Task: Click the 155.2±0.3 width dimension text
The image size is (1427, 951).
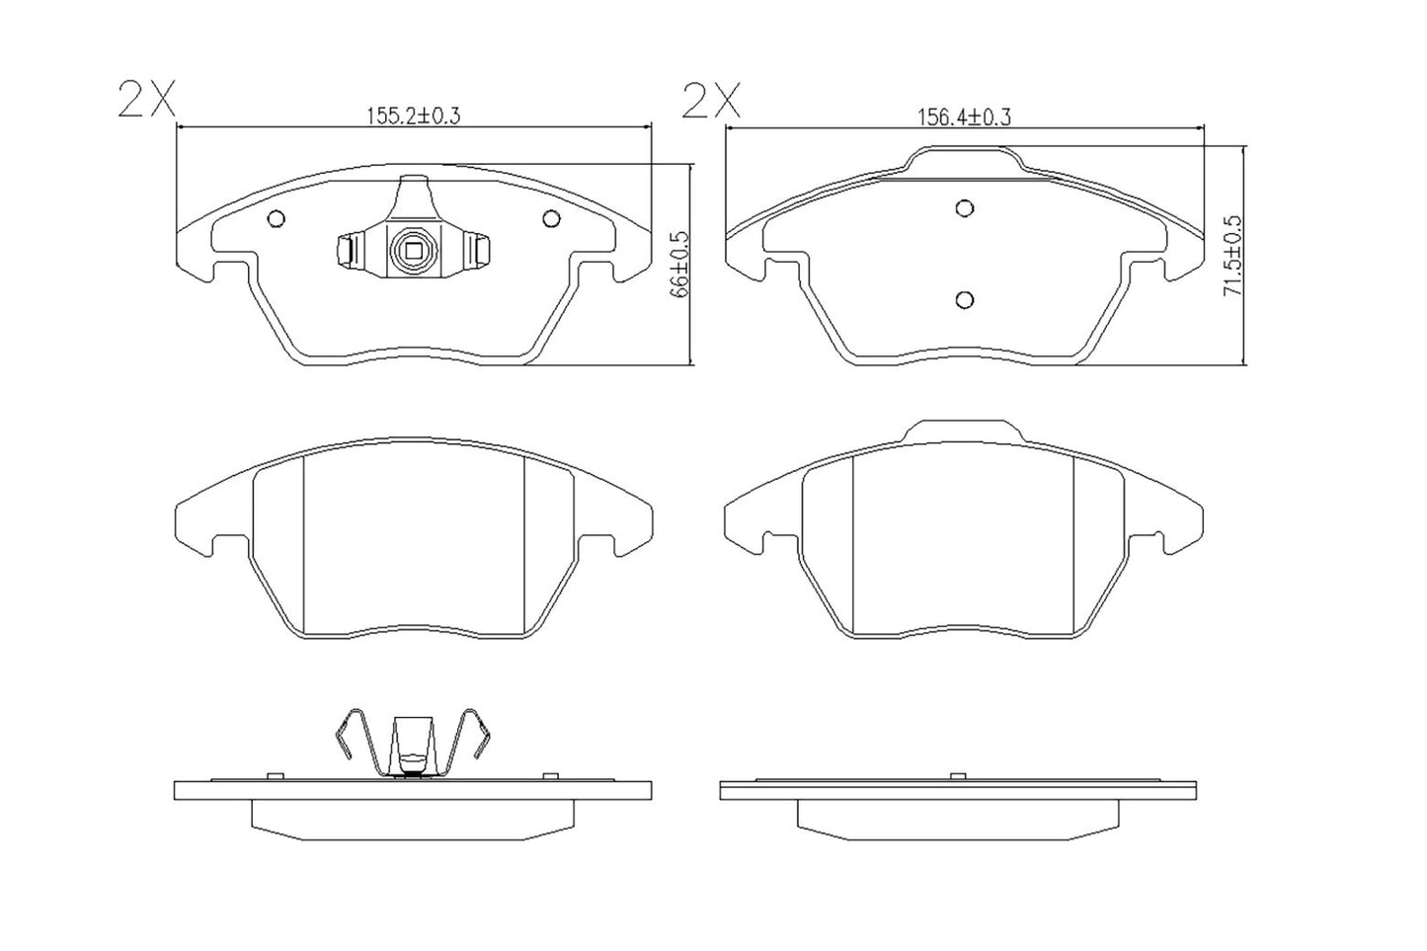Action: tap(414, 116)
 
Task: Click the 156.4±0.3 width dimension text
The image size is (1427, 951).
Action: tap(965, 117)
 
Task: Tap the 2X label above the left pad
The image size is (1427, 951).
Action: tap(145, 100)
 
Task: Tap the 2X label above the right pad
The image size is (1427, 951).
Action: tap(710, 100)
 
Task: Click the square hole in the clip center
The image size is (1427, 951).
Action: tap(413, 250)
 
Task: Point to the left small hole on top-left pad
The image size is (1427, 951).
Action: tap(277, 219)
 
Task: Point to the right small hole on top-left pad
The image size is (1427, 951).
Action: tap(549, 219)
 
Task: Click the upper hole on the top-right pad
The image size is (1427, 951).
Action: tap(965, 207)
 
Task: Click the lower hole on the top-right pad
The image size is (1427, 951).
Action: tap(965, 299)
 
